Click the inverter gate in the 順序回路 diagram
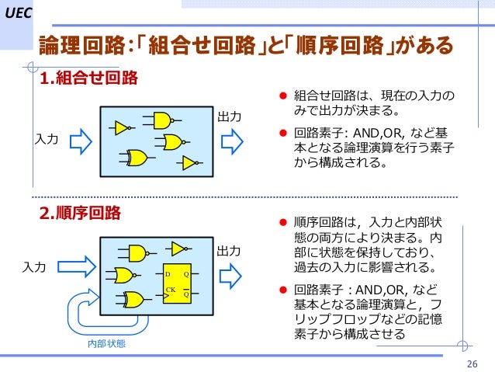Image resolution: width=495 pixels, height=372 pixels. [178, 249]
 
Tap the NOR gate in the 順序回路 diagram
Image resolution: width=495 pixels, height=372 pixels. [124, 275]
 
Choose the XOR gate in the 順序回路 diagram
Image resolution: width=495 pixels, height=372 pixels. [134, 299]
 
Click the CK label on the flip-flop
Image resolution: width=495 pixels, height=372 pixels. [170, 289]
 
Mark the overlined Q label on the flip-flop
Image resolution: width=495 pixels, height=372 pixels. [186, 294]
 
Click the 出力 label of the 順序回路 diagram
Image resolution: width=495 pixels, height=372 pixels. [229, 252]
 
